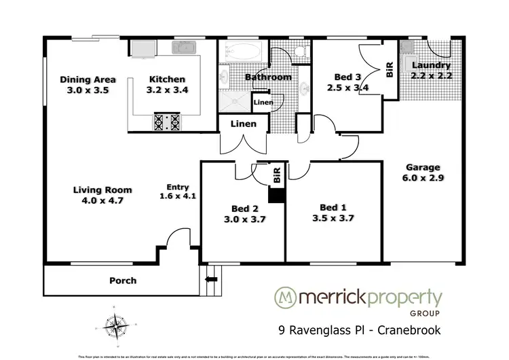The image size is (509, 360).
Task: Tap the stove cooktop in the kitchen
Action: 168,122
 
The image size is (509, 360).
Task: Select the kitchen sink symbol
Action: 183,48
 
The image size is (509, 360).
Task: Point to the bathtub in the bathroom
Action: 242,52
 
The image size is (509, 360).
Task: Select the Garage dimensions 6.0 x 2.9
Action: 423,179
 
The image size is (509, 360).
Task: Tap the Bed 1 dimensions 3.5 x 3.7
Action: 333,218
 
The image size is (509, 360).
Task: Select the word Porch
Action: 123,281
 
